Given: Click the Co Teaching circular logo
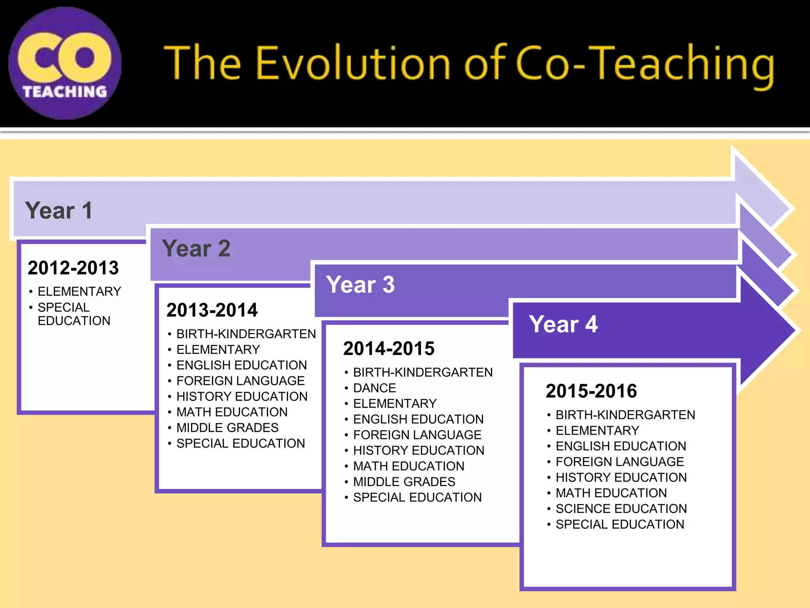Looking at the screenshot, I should tap(65, 63).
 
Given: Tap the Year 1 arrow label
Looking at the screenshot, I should tap(59, 210).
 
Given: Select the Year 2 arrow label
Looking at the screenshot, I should tap(196, 249).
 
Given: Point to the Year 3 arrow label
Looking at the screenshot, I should tap(360, 285).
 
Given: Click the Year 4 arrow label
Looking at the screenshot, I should tap(563, 324).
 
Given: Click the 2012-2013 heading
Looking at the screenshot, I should tap(73, 268).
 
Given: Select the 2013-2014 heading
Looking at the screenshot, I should tap(212, 310).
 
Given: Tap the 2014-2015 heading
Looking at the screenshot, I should tap(389, 349).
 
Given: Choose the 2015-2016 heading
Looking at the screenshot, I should tap(591, 391).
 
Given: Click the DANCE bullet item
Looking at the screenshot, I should tap(374, 388).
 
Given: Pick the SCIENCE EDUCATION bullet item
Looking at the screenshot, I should tap(621, 509).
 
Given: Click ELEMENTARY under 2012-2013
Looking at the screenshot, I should tap(79, 291).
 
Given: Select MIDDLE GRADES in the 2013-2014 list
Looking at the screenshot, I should tap(227, 428).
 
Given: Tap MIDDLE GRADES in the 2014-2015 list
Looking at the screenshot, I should tap(404, 482).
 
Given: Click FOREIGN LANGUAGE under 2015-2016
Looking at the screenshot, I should tap(619, 462).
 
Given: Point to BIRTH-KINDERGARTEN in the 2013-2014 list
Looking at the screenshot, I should tap(246, 334).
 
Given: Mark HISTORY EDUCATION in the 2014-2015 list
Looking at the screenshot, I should tap(418, 450).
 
